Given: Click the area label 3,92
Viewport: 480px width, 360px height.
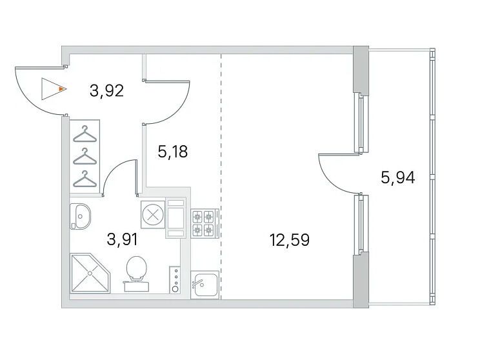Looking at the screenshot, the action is point(106,90).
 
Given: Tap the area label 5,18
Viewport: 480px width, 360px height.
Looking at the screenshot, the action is point(173,152).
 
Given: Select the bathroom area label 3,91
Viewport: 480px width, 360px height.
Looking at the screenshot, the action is point(122,239).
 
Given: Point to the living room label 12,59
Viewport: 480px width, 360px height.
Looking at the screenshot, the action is point(289,239).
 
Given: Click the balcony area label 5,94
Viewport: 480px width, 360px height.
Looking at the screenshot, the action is point(397,177).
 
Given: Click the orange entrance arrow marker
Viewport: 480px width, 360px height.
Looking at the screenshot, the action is point(62,89).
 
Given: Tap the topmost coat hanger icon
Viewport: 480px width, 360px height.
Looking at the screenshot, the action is point(85,134).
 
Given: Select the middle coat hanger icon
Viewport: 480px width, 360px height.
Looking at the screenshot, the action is point(85,156).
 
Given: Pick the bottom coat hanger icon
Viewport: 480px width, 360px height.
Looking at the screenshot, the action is point(85,179).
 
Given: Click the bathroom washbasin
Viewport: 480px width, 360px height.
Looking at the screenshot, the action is point(80,216).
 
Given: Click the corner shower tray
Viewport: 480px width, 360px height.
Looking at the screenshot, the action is point(90,273).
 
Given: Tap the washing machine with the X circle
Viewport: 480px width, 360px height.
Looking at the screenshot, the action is point(153,214).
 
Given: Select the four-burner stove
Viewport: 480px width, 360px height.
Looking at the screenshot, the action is point(205,223).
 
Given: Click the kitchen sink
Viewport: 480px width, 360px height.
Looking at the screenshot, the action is point(205,285).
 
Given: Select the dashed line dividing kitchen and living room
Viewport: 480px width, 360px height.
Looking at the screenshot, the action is point(221,176).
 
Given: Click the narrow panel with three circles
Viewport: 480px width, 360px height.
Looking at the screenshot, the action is point(175,279).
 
